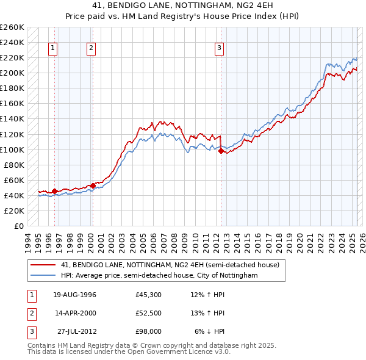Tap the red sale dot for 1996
54,191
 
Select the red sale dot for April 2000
93,185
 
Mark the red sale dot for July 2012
220,151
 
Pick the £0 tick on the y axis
18,226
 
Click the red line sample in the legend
43,265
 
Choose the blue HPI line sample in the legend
43,275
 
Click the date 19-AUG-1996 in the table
74,295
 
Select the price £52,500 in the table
149,313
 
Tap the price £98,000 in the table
149,331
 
